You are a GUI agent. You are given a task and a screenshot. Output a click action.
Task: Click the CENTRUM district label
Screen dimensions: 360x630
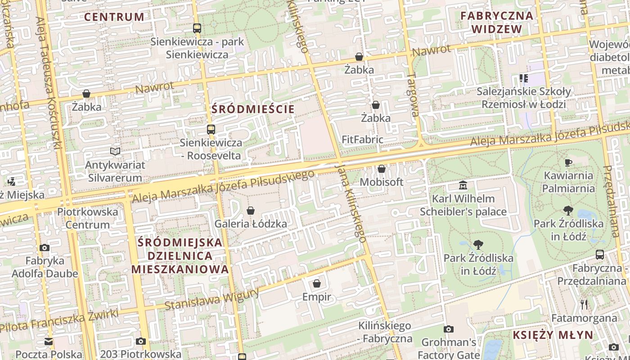pos(114,17)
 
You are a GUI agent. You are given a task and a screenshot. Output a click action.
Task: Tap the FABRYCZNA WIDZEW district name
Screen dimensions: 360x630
pos(497,22)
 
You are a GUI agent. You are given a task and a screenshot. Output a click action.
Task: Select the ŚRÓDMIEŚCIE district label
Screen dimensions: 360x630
pos(253,109)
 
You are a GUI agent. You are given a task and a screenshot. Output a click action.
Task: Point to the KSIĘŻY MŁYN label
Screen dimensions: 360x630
pos(553,335)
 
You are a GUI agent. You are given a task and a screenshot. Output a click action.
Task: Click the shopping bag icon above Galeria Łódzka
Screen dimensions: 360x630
pos(251,211)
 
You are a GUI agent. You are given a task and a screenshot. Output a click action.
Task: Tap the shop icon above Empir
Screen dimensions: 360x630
pos(317,283)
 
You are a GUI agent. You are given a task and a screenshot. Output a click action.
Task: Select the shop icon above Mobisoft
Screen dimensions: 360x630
pos(382,169)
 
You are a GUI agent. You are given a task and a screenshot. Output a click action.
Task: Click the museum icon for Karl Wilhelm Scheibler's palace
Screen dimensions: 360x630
pos(463,185)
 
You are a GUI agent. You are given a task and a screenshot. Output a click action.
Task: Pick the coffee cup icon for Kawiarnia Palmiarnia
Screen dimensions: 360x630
pos(568,162)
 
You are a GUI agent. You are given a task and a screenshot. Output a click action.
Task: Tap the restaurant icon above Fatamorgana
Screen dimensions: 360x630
pos(584,305)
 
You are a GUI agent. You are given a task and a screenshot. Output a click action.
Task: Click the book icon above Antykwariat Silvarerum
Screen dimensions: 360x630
pos(116,151)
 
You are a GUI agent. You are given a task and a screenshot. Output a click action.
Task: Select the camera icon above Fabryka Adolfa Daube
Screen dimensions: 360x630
pos(45,247)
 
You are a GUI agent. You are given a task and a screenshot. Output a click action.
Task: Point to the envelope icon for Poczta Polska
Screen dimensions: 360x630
pos(49,341)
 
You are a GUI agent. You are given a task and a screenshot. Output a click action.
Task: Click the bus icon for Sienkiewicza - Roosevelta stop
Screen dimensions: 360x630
pos(211,130)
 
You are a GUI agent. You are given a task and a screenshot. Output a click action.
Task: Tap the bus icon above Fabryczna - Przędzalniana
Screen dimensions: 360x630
pos(600,255)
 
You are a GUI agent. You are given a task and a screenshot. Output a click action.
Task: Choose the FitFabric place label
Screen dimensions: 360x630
pos(362,139)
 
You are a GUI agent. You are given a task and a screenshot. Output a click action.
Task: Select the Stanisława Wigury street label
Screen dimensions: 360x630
pos(211,300)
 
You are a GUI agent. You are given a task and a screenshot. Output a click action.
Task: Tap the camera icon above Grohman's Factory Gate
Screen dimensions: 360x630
pos(449,329)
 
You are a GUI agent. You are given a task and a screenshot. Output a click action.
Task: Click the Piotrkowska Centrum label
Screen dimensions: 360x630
pos(87,218)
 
